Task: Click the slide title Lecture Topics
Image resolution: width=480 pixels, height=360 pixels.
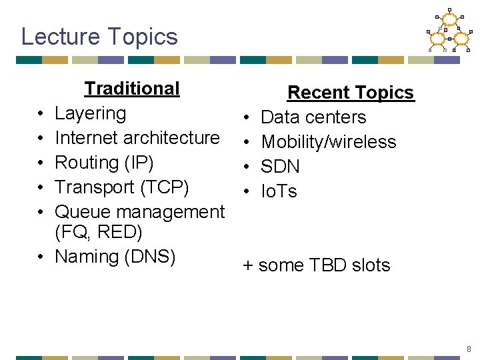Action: tap(99, 36)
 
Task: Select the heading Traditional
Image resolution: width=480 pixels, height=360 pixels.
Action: tap(132, 89)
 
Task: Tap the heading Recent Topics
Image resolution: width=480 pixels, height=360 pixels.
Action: tap(350, 93)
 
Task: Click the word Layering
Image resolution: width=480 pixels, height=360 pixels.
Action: tap(90, 113)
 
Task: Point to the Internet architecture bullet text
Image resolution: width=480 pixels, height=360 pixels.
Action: tap(137, 138)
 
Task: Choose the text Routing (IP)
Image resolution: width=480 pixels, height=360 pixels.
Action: tap(104, 163)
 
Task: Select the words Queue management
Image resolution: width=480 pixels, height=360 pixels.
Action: tap(139, 212)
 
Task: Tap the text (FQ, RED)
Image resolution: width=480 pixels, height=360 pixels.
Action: tap(99, 232)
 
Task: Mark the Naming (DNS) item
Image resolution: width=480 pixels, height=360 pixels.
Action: tap(115, 257)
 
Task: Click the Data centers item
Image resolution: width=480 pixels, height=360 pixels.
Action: tap(313, 117)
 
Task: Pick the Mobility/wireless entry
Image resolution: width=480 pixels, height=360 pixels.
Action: tap(328, 142)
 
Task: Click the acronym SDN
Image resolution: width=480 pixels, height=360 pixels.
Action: tap(280, 167)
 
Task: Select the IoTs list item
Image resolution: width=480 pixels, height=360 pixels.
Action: tap(279, 191)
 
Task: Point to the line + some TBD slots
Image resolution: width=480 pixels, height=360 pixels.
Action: tap(316, 265)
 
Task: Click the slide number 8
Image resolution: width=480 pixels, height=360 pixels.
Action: tap(469, 349)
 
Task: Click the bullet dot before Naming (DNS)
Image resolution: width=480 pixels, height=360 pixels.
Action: tap(41, 257)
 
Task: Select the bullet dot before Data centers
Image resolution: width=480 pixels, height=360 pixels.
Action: tap(247, 118)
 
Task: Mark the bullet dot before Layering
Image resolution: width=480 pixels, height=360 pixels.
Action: tap(41, 114)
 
